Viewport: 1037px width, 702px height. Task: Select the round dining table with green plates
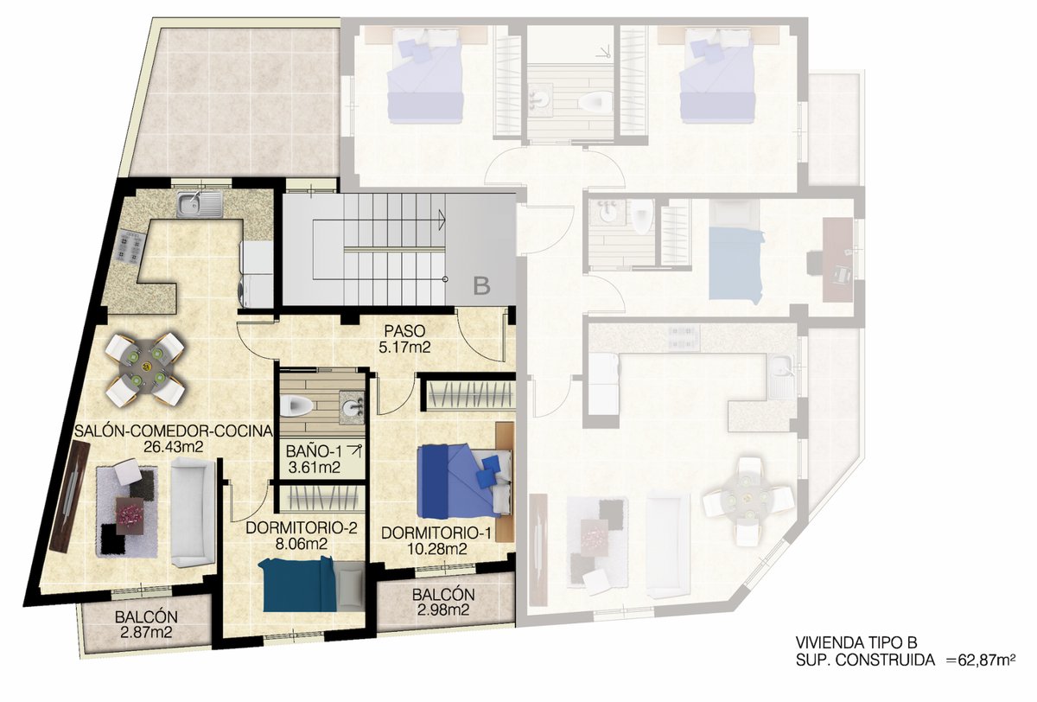[x=145, y=367]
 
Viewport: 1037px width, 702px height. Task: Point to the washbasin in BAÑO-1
[x=352, y=407]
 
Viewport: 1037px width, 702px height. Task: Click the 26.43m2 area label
[x=174, y=446]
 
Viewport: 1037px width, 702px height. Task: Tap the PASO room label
[x=404, y=330]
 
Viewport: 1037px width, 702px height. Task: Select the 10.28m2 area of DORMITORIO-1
[x=436, y=549]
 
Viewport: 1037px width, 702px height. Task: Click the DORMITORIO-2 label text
[x=302, y=528]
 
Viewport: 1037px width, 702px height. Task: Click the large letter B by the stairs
[x=481, y=286]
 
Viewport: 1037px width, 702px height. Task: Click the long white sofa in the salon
[x=193, y=512]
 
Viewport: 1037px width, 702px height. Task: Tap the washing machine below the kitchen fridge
[x=256, y=290]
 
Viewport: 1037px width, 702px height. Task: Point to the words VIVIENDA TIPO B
[x=856, y=642]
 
